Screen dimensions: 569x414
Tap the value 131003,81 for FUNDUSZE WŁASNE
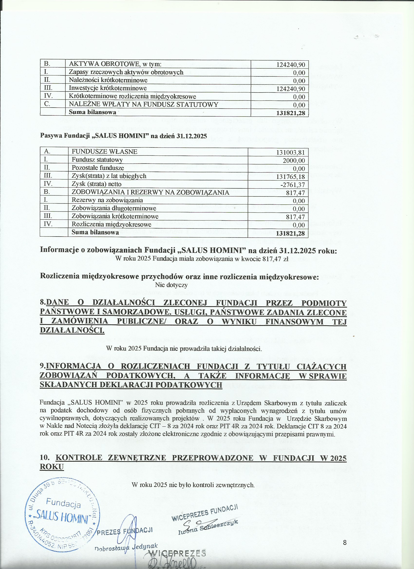pos(291,152)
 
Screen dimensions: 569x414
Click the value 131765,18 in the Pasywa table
pos(291,177)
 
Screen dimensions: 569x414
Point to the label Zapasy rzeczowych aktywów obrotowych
pos(126,72)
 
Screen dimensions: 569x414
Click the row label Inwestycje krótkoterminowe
pos(108,88)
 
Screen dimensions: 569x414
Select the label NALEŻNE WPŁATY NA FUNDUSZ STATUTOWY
pos(144,104)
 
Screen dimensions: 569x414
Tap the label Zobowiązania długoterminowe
pos(114,208)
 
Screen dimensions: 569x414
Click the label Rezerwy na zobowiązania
pos(107,200)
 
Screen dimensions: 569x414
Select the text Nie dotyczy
pos(171,285)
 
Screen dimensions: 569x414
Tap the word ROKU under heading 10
pos(52,467)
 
